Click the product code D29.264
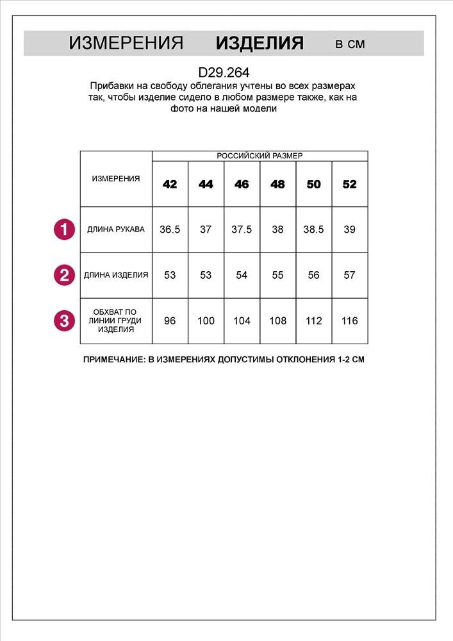(x=224, y=73)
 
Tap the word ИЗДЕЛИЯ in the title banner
(x=259, y=44)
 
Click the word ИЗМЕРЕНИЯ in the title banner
(x=126, y=44)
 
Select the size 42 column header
(x=170, y=185)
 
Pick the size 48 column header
(x=277, y=185)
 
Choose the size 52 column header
(x=349, y=185)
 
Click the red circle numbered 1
(x=63, y=229)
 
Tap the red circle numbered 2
(x=63, y=275)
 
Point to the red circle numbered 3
(x=63, y=320)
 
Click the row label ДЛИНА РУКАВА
(x=116, y=229)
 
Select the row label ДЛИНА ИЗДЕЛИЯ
(x=116, y=275)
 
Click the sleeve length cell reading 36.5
(x=170, y=229)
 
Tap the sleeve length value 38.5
(x=313, y=229)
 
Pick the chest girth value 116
(x=349, y=320)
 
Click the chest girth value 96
(x=170, y=320)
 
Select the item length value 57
(x=349, y=275)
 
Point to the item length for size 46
(x=242, y=275)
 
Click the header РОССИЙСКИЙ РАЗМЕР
(x=259, y=156)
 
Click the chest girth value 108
(x=277, y=320)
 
